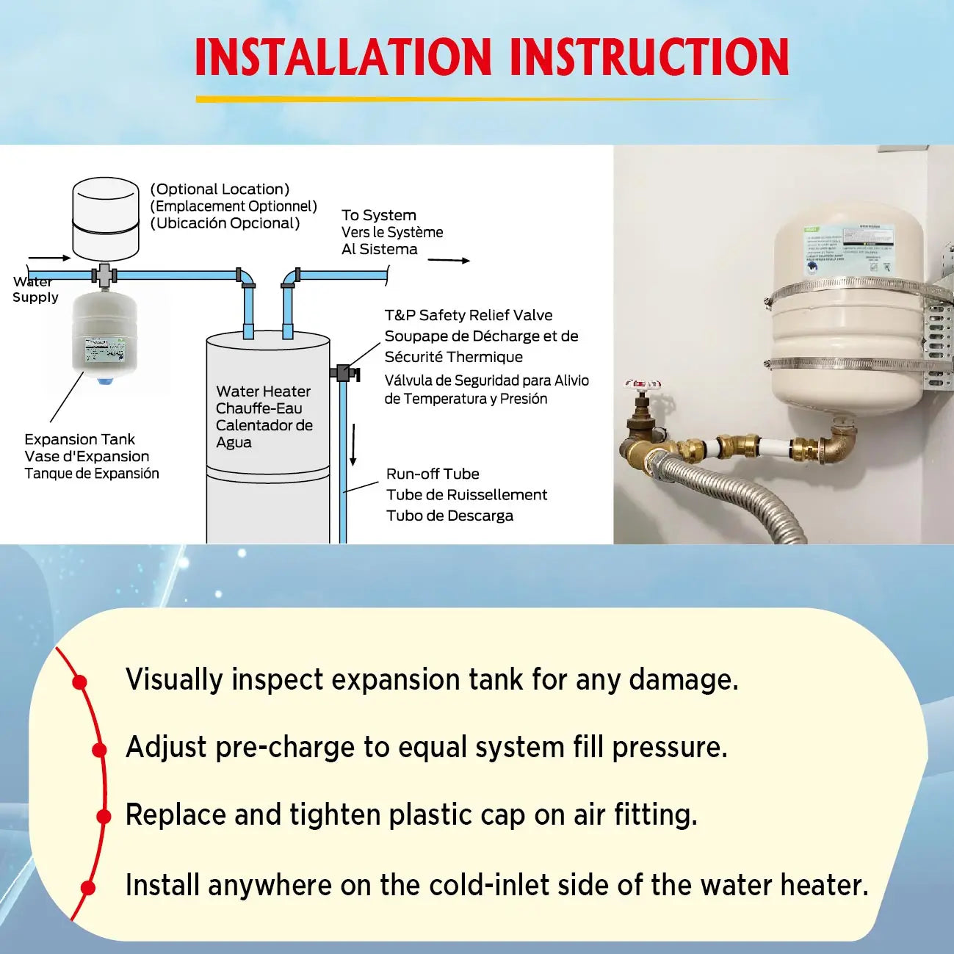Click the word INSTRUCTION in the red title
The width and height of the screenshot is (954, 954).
tap(649, 57)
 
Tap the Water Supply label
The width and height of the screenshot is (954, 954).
tap(35, 289)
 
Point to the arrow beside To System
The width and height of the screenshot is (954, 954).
tap(449, 260)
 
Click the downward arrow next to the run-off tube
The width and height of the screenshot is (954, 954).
tap(353, 444)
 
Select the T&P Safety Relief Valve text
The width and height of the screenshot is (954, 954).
tap(469, 315)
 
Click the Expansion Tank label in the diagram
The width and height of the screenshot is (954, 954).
tap(79, 439)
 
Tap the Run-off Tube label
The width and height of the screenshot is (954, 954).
tap(433, 474)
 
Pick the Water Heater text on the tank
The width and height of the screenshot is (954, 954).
tap(263, 391)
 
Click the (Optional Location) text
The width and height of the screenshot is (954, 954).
tap(220, 189)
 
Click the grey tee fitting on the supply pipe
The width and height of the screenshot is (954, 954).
tap(104, 275)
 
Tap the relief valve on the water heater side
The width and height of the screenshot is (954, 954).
tap(343, 372)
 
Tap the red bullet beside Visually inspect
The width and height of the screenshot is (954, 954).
tap(80, 682)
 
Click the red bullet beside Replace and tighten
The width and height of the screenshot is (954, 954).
tap(104, 816)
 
